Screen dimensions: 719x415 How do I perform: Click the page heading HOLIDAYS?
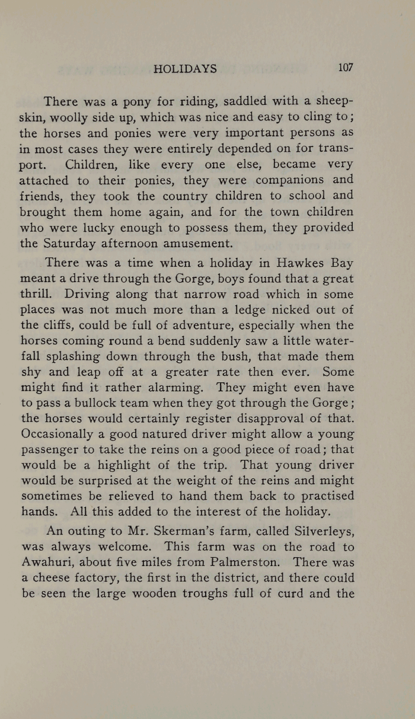coord(185,69)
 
